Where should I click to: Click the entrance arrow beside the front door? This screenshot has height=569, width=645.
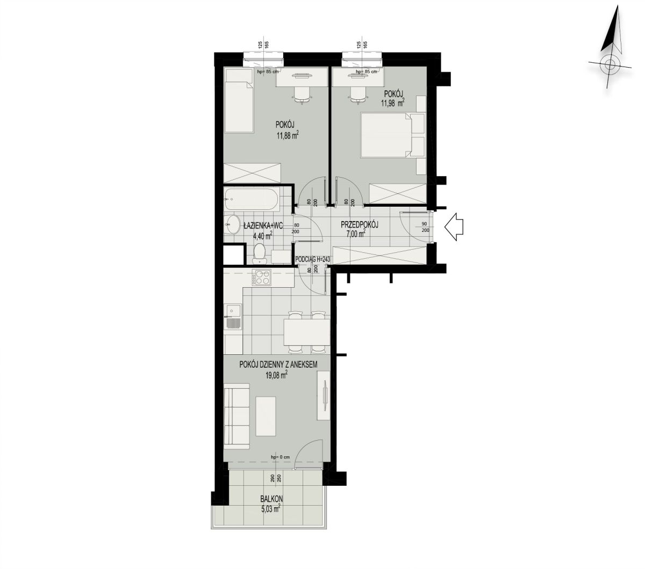pyautogui.click(x=453, y=227)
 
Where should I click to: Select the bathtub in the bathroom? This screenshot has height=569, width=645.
pyautogui.click(x=252, y=199)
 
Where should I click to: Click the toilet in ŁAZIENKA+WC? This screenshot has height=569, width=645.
pyautogui.click(x=260, y=254)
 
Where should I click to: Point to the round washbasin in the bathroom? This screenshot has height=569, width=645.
pyautogui.click(x=232, y=224)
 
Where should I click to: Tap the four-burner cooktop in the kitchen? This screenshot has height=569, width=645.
pyautogui.click(x=261, y=278)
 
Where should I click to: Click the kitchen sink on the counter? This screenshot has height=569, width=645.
pyautogui.click(x=233, y=317)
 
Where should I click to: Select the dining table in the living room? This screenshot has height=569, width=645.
pyautogui.click(x=306, y=332)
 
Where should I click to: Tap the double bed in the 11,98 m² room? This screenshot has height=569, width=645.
pyautogui.click(x=393, y=135)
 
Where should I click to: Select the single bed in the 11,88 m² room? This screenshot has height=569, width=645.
pyautogui.click(x=239, y=101)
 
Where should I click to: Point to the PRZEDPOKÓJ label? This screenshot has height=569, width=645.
pyautogui.click(x=359, y=225)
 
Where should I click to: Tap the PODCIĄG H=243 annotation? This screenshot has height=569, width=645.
pyautogui.click(x=313, y=259)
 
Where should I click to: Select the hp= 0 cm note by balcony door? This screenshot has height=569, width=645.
pyautogui.click(x=280, y=457)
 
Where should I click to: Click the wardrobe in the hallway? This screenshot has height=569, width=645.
pyautogui.click(x=379, y=256)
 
